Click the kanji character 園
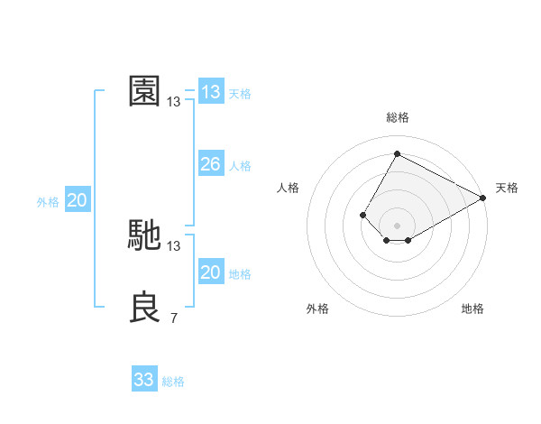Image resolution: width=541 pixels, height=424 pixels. (x=144, y=91)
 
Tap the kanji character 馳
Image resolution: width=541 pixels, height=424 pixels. (x=144, y=235)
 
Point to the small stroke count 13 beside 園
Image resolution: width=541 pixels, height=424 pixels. (x=173, y=102)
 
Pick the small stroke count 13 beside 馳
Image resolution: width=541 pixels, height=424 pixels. (x=173, y=245)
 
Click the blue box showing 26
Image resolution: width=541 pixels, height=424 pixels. (x=210, y=164)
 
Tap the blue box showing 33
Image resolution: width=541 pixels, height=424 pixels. (x=143, y=380)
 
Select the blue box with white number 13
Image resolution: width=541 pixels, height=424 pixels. (x=210, y=92)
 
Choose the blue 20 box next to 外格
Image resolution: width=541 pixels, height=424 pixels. (x=77, y=200)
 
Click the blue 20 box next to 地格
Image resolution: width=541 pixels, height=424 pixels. (x=210, y=272)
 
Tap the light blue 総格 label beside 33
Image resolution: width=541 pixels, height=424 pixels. (x=173, y=382)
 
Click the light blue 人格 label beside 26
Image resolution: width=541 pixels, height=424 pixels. (x=240, y=166)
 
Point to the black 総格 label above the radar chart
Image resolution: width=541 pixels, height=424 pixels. (x=397, y=117)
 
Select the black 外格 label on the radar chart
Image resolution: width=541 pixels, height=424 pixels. (x=317, y=309)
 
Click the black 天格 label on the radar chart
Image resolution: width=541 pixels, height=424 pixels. (x=507, y=188)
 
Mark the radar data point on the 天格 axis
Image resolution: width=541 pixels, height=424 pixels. (x=483, y=198)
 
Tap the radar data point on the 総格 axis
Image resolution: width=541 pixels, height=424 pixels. (x=397, y=153)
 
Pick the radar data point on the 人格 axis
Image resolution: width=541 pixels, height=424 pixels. (x=362, y=215)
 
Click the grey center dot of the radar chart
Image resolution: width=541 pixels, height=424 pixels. (x=397, y=226)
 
